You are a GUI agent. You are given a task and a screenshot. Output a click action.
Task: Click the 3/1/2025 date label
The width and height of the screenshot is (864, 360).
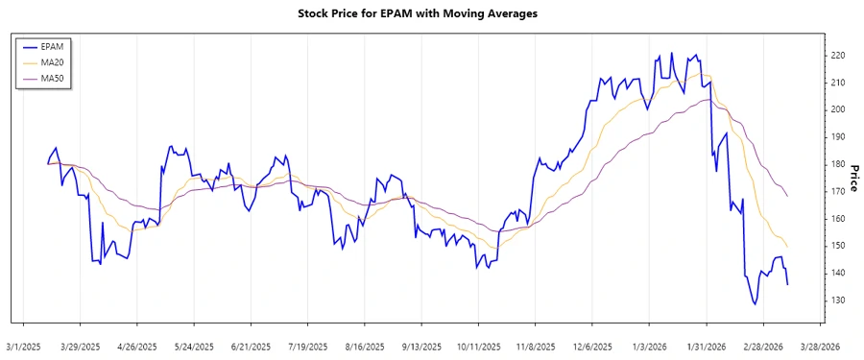point(24,347)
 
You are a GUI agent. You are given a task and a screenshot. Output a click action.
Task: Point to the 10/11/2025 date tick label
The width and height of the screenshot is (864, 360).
point(478,347)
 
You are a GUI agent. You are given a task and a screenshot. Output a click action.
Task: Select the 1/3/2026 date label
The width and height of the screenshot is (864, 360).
point(649,347)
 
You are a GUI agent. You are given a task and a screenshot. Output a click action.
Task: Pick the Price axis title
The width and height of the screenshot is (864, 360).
point(852,178)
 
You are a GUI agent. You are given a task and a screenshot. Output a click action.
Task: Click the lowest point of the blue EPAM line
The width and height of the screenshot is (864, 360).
point(755,304)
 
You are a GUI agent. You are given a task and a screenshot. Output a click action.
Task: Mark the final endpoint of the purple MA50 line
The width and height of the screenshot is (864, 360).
point(788,196)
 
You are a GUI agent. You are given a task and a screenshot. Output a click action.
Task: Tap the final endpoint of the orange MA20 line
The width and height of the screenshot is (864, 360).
point(788,248)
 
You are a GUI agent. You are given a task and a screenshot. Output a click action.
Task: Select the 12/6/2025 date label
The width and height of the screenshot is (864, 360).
point(592,347)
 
